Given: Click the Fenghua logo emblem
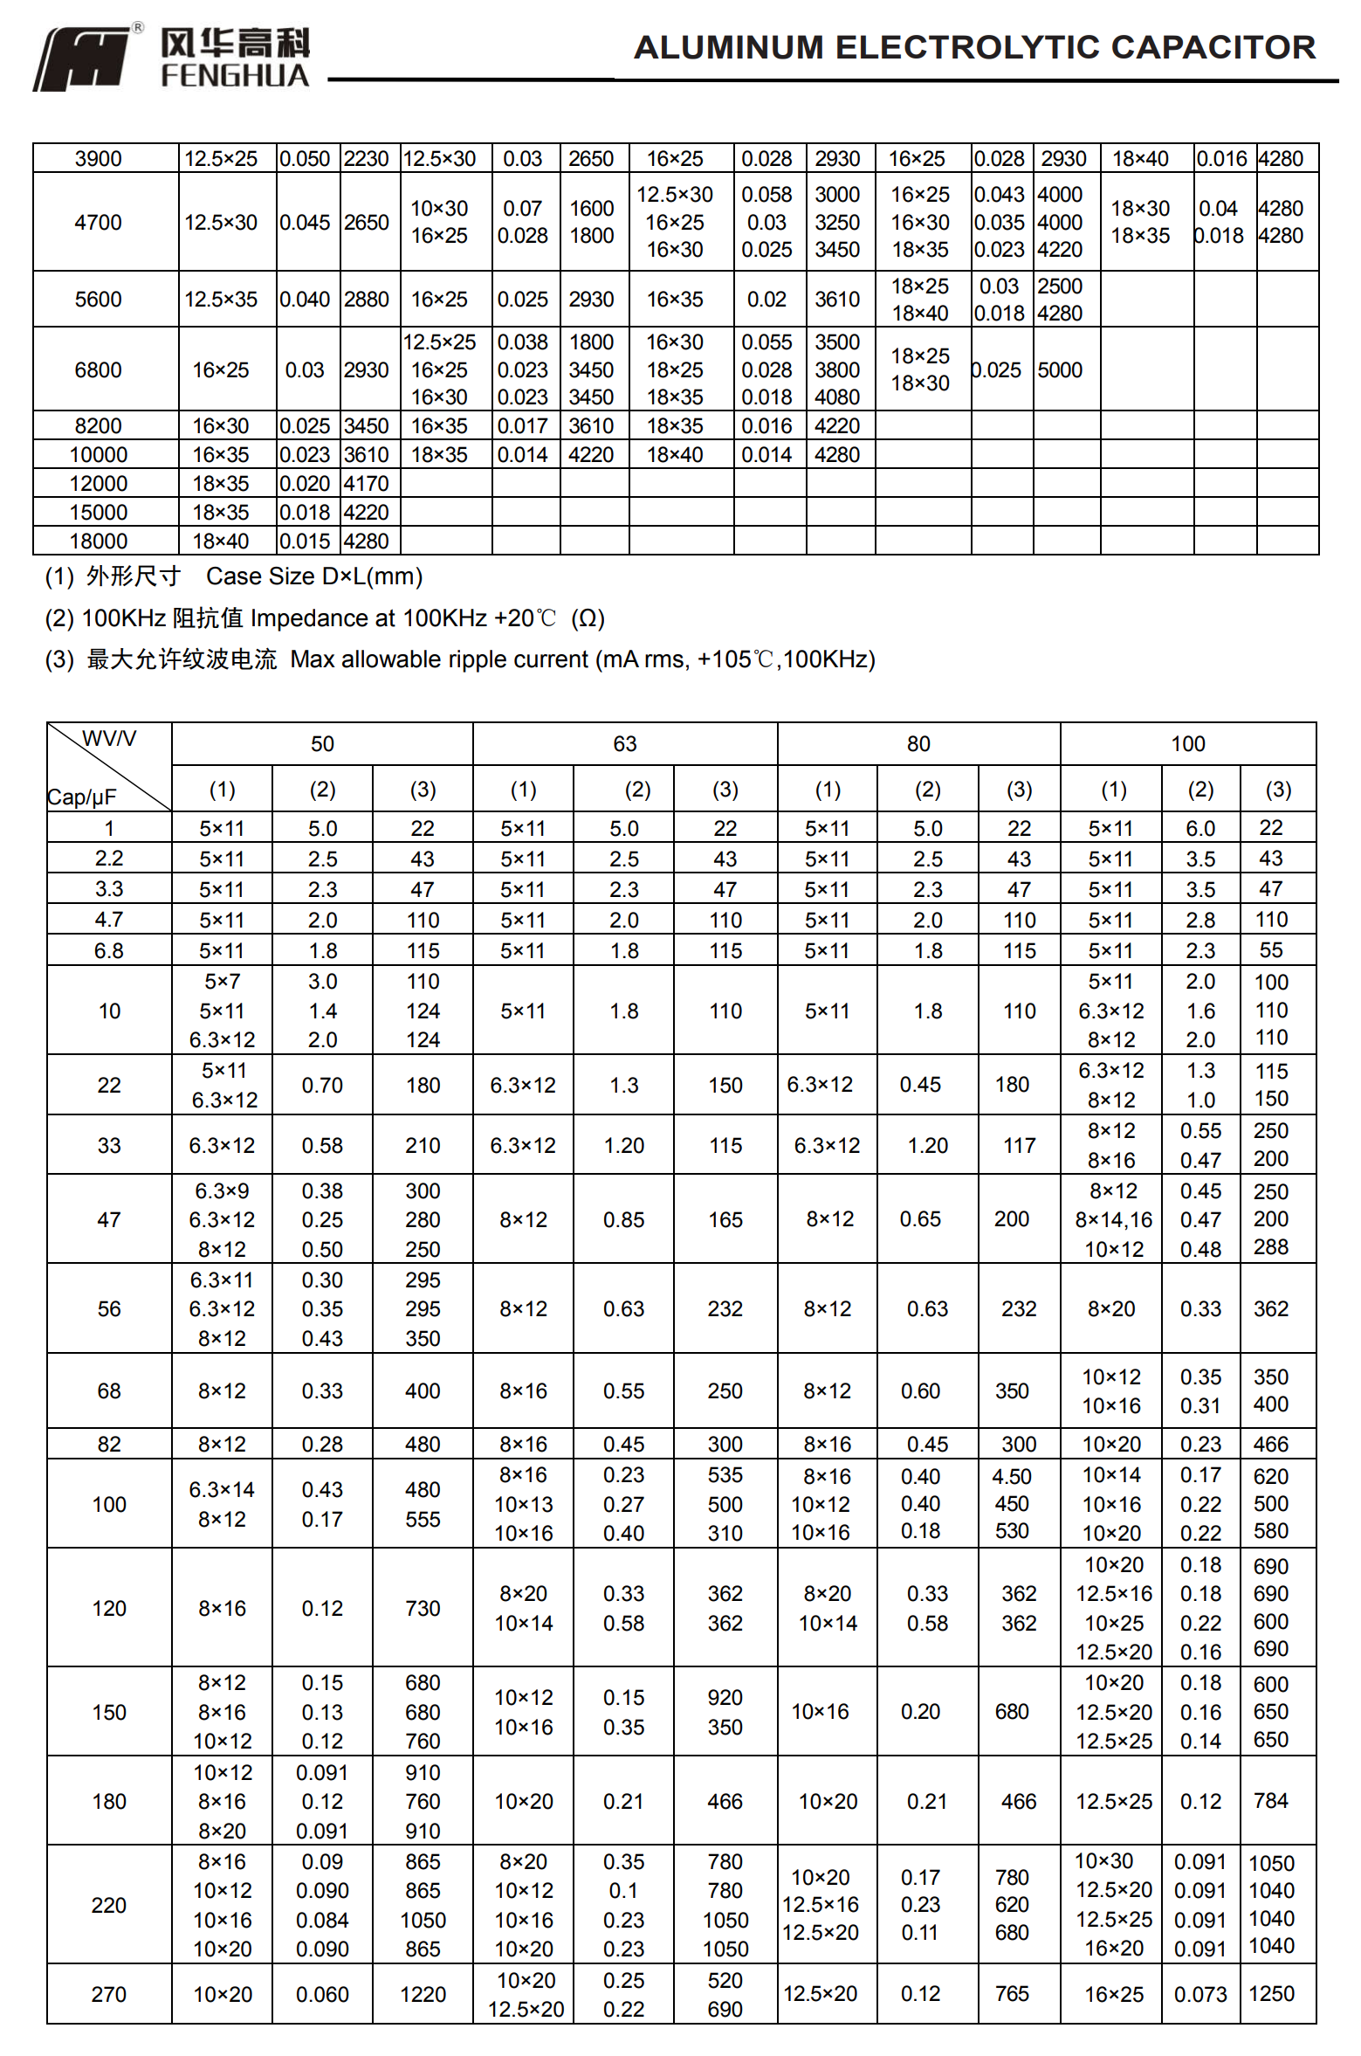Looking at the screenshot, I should click(x=84, y=59).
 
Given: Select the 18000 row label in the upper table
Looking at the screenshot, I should click(x=98, y=541).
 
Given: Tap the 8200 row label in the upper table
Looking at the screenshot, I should click(x=98, y=425).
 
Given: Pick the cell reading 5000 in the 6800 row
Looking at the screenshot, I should click(x=1060, y=369).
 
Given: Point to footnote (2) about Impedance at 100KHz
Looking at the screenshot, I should click(x=325, y=618).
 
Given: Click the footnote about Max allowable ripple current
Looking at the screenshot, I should click(x=460, y=659).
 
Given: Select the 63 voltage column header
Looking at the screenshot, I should click(x=624, y=743).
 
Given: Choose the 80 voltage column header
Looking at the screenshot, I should click(x=918, y=743).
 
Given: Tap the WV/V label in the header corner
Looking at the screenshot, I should click(x=109, y=739).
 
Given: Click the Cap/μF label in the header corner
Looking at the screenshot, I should click(x=81, y=797).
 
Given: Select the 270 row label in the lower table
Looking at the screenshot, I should click(x=109, y=1994).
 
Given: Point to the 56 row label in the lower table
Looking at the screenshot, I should click(x=109, y=1308).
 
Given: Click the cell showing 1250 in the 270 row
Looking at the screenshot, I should click(x=1271, y=1993).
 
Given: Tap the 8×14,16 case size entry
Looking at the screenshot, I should click(x=1113, y=1219).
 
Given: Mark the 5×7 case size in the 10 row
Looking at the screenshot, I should click(x=222, y=981).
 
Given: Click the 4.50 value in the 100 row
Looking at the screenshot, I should click(x=1012, y=1476).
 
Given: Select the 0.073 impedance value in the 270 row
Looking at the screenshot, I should click(x=1200, y=1994).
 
